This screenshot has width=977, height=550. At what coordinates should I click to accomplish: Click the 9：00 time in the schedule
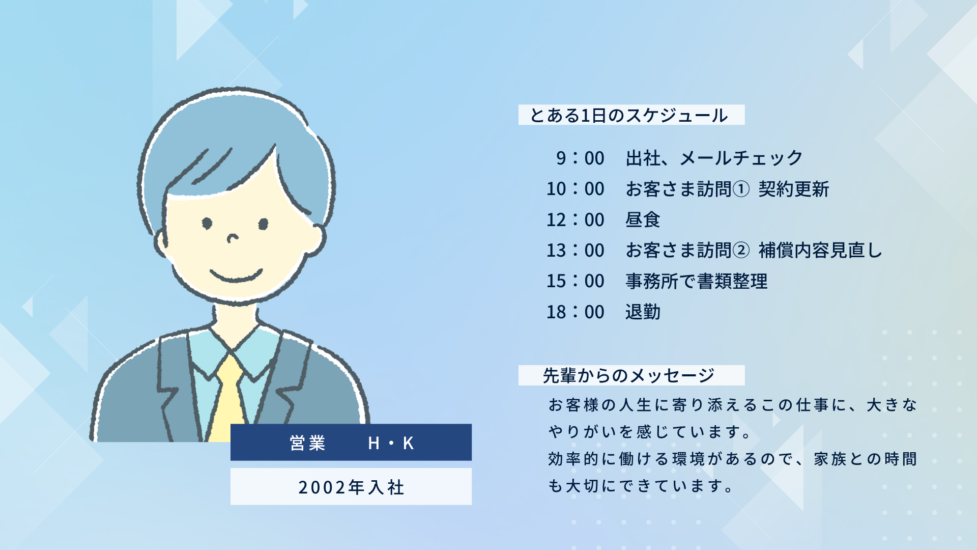580,158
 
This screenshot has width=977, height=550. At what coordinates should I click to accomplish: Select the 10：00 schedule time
576,189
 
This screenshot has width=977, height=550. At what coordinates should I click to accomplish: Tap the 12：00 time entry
576,220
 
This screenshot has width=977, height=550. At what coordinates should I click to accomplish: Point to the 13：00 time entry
576,251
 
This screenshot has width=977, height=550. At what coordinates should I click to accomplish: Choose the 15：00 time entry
576,281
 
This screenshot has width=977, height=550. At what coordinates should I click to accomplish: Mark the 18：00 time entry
576,312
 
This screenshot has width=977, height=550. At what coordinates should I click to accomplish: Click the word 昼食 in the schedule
643,220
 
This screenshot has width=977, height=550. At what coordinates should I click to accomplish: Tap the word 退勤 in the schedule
643,312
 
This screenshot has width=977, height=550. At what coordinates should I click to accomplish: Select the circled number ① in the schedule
741,189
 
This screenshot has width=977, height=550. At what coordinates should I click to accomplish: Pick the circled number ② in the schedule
741,251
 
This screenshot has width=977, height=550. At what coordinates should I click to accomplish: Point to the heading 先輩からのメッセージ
629,376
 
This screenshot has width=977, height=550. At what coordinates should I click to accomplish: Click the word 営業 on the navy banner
307,443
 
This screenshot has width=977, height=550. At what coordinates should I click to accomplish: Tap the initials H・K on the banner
391,443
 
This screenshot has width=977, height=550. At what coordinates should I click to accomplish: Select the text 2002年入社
351,487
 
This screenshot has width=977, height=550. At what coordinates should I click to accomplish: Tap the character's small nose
233,238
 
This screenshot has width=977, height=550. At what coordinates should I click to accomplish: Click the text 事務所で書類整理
697,281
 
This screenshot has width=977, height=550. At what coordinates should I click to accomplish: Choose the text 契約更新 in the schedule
794,189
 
